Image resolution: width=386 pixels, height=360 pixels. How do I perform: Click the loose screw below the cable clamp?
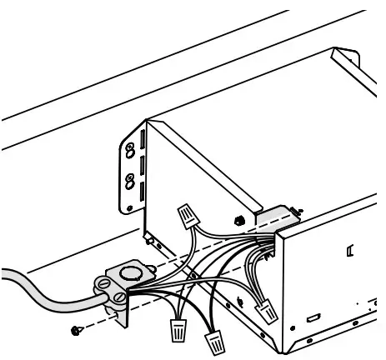tap(77, 331)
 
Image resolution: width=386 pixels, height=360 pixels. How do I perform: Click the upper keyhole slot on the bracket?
tap(129, 152)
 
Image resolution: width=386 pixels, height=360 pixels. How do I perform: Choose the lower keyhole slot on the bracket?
tap(129, 179)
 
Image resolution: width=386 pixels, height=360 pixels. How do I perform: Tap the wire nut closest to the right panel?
tap(268, 314)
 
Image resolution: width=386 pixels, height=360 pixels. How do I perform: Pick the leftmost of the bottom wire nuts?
tap(177, 328)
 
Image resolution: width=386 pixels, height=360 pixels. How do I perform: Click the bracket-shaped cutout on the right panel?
tap(351, 247)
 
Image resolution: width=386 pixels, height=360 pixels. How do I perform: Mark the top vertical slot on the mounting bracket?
tap(143, 137)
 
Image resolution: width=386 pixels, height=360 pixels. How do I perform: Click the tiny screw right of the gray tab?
tap(298, 210)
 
